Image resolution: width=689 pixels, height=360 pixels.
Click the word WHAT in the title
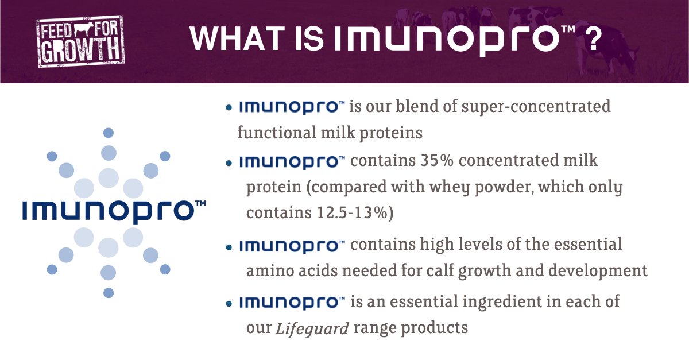coord(233,39)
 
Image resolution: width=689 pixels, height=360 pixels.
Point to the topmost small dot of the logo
coord(108,133)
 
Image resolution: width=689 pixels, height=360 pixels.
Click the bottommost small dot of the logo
coord(109,293)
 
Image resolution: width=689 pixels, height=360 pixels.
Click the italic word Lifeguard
coord(312,329)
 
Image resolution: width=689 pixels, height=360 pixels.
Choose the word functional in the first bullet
coord(276,133)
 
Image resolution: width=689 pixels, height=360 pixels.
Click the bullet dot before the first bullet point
coord(229,107)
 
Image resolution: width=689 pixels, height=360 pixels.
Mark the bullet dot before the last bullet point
coord(229,303)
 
